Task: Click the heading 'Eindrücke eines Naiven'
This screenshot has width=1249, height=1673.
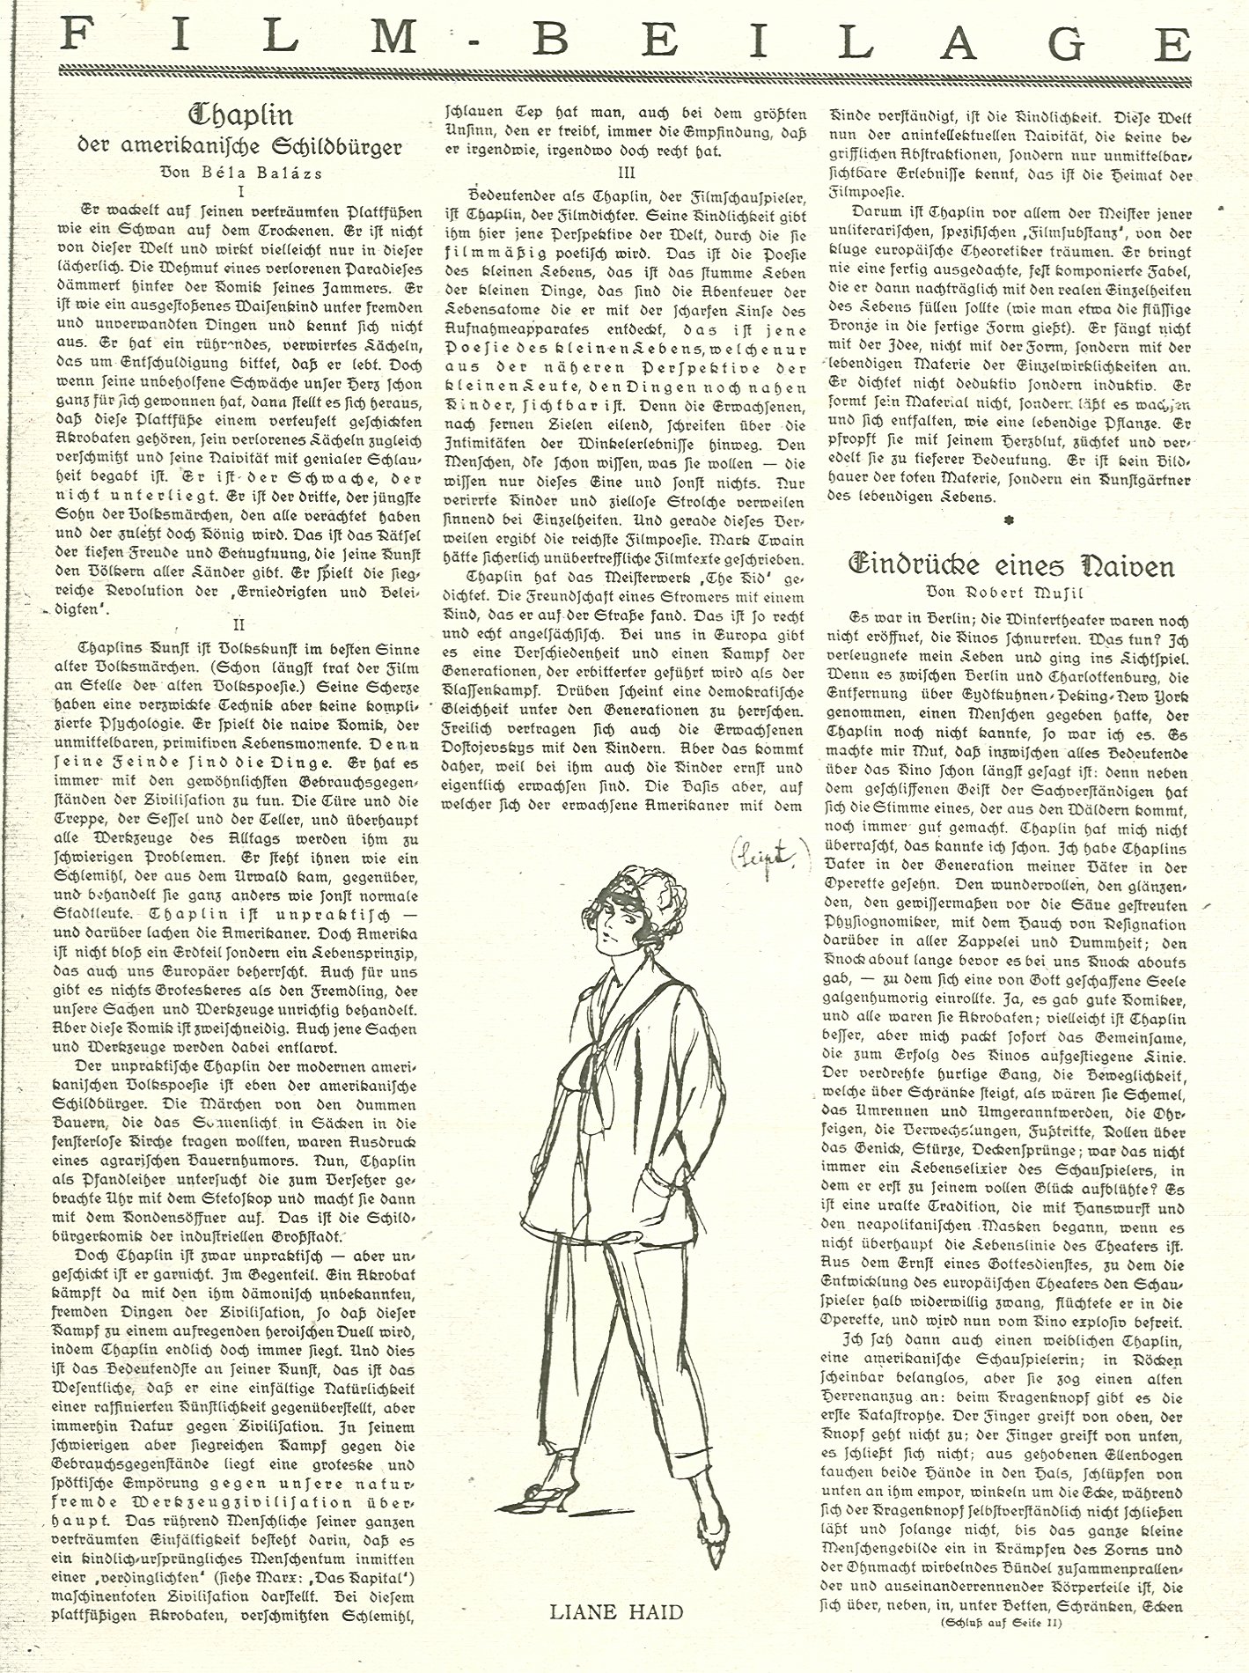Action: point(1010,564)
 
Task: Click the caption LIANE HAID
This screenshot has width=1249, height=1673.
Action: point(616,1612)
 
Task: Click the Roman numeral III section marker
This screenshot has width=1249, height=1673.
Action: point(628,173)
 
